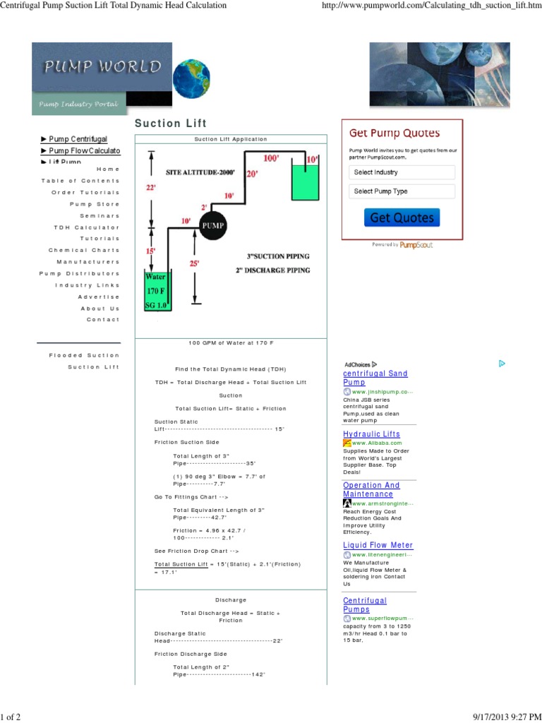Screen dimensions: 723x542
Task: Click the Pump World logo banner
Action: [x=101, y=78]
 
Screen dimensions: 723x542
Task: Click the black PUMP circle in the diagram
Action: [x=212, y=225]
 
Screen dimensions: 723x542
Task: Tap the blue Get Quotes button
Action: [x=402, y=217]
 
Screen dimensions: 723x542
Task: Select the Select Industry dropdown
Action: [x=402, y=172]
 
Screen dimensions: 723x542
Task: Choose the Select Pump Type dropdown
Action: [x=402, y=191]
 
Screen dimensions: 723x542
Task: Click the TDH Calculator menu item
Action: [x=87, y=227]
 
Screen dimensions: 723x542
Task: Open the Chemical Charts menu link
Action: [x=84, y=251]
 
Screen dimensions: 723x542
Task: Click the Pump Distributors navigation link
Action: [x=79, y=273]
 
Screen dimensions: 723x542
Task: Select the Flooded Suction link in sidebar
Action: [x=84, y=355]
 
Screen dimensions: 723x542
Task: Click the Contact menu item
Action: [x=103, y=320]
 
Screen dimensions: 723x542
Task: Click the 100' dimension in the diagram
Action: [x=270, y=158]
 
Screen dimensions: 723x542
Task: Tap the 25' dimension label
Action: [x=194, y=263]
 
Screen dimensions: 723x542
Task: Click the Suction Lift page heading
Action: [x=171, y=124]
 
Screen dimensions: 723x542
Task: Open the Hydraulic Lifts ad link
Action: [x=371, y=434]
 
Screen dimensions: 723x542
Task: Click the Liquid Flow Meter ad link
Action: [x=378, y=545]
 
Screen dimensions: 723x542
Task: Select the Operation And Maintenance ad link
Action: [x=371, y=489]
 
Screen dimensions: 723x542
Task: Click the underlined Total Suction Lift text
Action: [x=181, y=564]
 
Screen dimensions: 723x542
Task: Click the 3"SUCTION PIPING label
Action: [x=277, y=256]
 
